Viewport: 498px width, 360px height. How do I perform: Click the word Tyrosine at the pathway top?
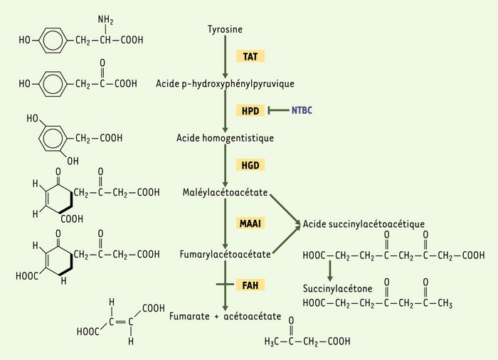click(225, 30)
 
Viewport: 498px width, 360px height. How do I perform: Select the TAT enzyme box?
click(250, 56)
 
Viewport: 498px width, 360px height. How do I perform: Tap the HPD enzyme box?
click(250, 110)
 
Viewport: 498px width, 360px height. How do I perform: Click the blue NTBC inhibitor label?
click(302, 110)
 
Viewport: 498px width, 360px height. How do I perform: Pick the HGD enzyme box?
click(250, 165)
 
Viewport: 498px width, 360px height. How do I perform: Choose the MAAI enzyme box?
click(250, 223)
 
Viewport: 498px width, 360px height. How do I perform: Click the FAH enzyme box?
click(250, 285)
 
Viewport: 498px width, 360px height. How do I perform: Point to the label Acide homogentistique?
click(226, 138)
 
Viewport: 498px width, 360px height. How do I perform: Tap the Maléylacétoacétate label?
click(226, 192)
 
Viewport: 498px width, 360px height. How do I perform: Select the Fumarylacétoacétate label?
click(226, 254)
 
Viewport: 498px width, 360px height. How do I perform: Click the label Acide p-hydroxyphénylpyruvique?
click(226, 84)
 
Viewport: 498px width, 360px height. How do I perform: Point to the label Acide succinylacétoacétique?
click(364, 224)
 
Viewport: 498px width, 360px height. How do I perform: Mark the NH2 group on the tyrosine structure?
click(105, 20)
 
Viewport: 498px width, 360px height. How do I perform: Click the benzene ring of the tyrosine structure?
click(53, 41)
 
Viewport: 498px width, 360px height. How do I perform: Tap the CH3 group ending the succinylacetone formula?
click(445, 303)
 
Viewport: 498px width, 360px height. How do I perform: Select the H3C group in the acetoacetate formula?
click(272, 342)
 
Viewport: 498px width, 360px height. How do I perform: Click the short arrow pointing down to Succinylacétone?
click(330, 271)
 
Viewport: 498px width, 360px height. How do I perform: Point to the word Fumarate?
click(189, 316)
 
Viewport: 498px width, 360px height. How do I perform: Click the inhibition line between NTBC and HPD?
click(279, 110)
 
